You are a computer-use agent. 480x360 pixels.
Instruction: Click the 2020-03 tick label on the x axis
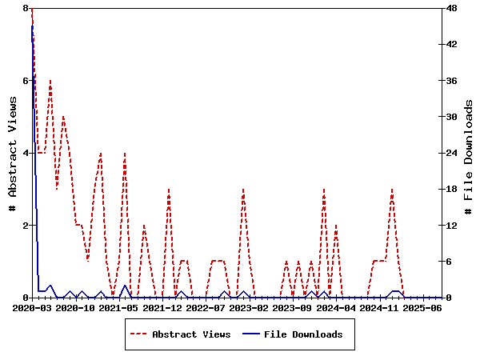click(33, 308)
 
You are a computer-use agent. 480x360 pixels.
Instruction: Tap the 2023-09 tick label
click(293, 308)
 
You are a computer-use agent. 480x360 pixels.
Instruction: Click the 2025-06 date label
click(423, 308)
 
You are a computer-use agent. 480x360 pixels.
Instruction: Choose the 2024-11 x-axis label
click(379, 308)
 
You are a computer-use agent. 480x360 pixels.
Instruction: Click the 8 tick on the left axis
click(26, 8)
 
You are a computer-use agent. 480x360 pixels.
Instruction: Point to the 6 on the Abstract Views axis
click(26, 81)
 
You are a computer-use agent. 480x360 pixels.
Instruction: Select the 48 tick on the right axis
click(451, 8)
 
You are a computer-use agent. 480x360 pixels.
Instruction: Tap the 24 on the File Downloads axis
click(451, 153)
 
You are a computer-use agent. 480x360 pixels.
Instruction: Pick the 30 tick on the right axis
click(451, 117)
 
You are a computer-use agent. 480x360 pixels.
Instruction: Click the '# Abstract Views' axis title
click(13, 153)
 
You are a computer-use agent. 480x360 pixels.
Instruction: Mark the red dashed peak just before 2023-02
click(243, 190)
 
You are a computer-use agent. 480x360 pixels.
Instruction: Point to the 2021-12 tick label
click(163, 308)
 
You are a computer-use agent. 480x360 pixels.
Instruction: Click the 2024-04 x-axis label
click(336, 308)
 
